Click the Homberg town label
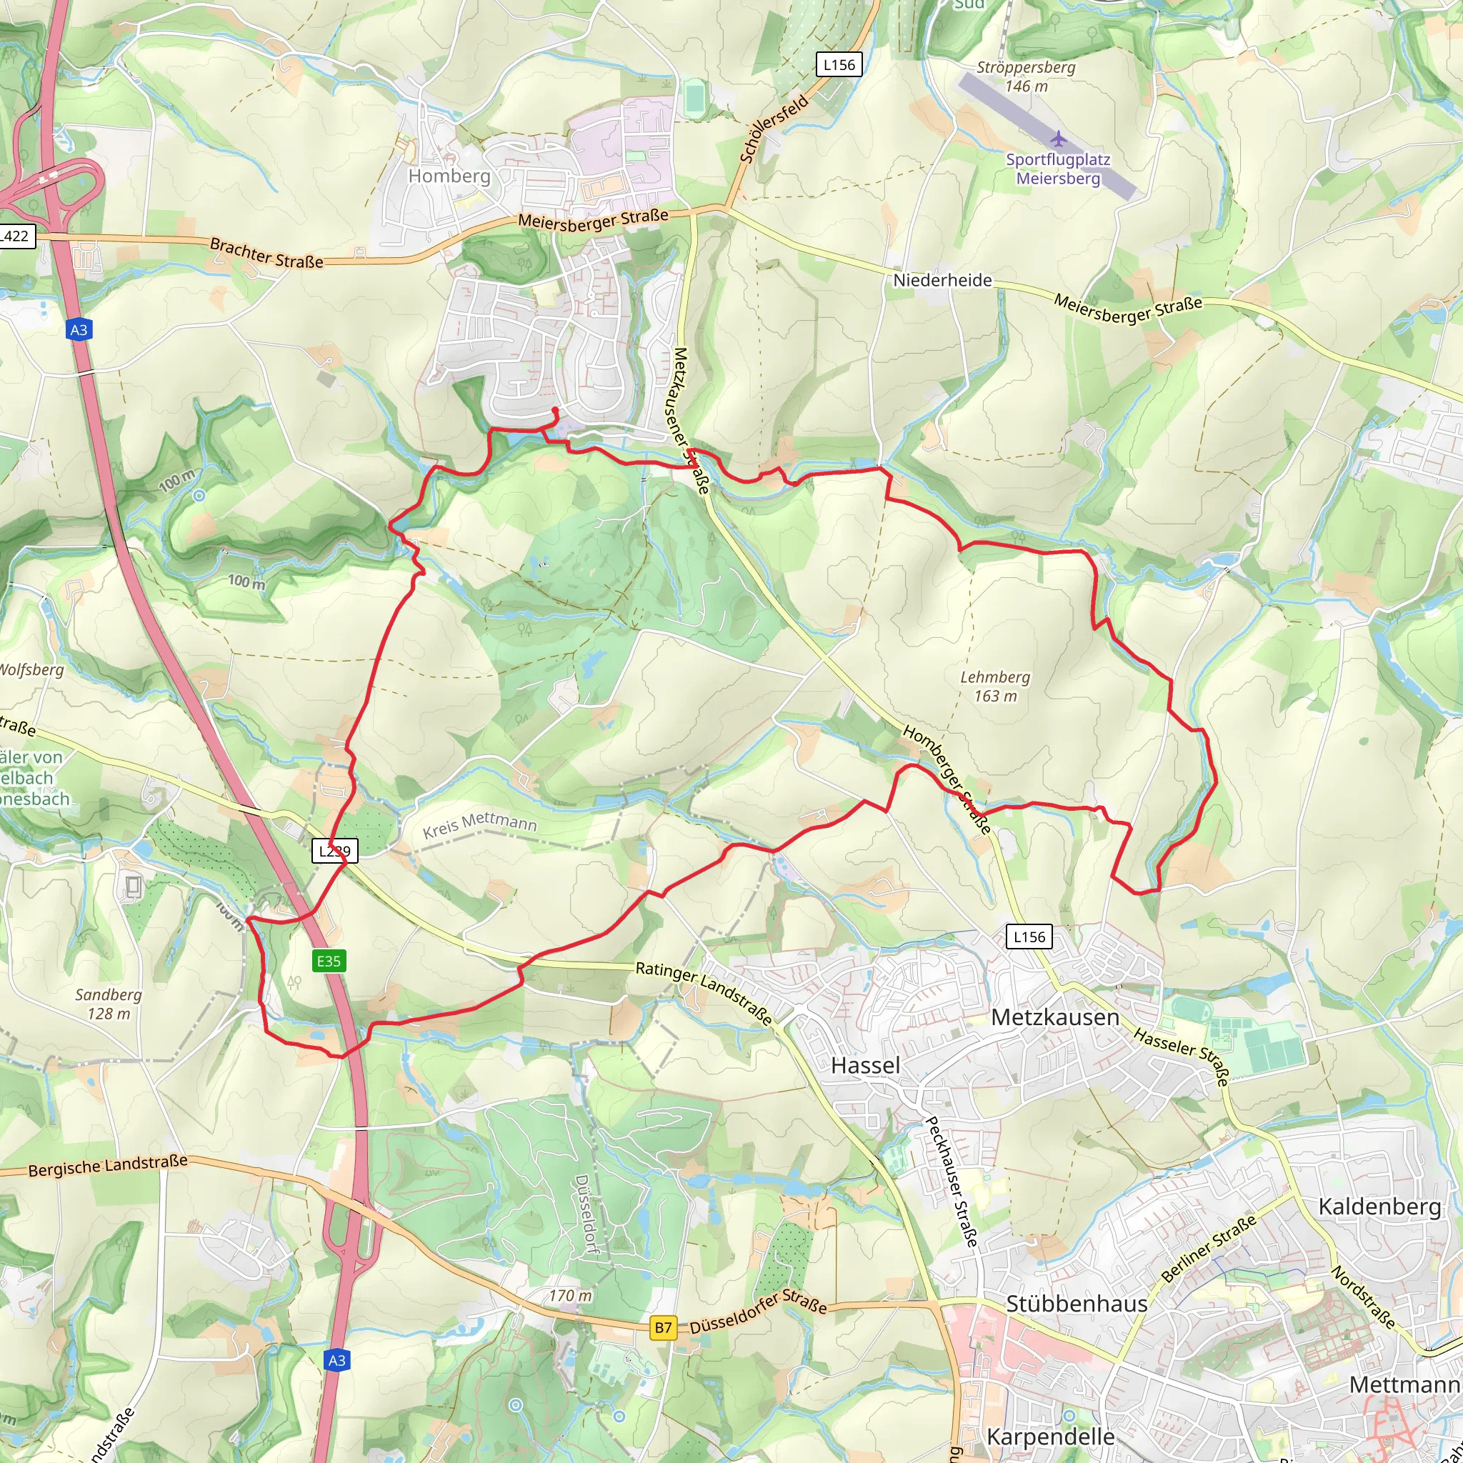pyautogui.click(x=449, y=176)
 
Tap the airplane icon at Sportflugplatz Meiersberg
pyautogui.click(x=1058, y=139)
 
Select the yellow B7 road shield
pyautogui.click(x=663, y=1327)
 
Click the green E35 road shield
pyautogui.click(x=328, y=961)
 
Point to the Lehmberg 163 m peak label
pyautogui.click(x=994, y=686)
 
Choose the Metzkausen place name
pyautogui.click(x=1055, y=1017)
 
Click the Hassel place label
pyautogui.click(x=865, y=1065)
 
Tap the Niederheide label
pyautogui.click(x=942, y=280)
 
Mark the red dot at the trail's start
pyautogui.click(x=555, y=411)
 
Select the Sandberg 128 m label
pyautogui.click(x=109, y=1004)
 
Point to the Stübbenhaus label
pyautogui.click(x=1076, y=1304)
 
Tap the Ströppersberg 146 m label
pyautogui.click(x=1025, y=76)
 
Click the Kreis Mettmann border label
pyautogui.click(x=479, y=824)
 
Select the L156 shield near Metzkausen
pyautogui.click(x=1029, y=937)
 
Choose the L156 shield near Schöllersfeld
pyautogui.click(x=839, y=65)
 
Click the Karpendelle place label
pyautogui.click(x=1049, y=1437)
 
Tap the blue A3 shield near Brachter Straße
pyautogui.click(x=79, y=329)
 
